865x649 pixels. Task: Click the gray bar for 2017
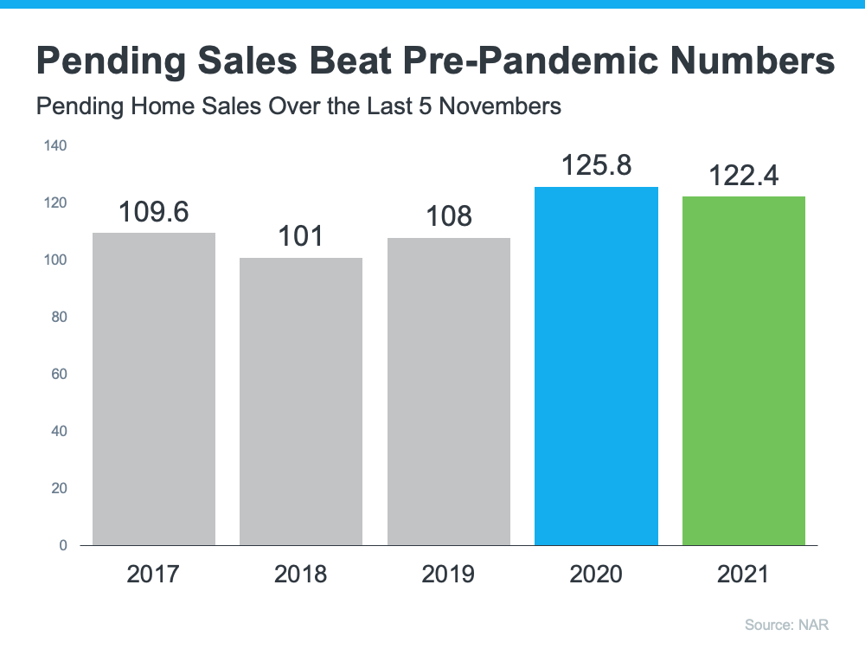(x=154, y=389)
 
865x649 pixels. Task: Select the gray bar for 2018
(x=301, y=402)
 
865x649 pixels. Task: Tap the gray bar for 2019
(x=449, y=392)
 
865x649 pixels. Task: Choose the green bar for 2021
(x=744, y=371)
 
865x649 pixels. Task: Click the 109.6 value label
(x=154, y=212)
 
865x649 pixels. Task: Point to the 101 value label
(x=301, y=236)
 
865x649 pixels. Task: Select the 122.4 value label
(x=744, y=176)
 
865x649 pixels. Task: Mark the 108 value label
(x=449, y=216)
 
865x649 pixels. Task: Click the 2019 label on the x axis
(x=449, y=574)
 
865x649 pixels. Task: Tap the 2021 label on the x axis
(x=744, y=574)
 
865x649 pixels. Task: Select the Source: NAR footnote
(x=793, y=624)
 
